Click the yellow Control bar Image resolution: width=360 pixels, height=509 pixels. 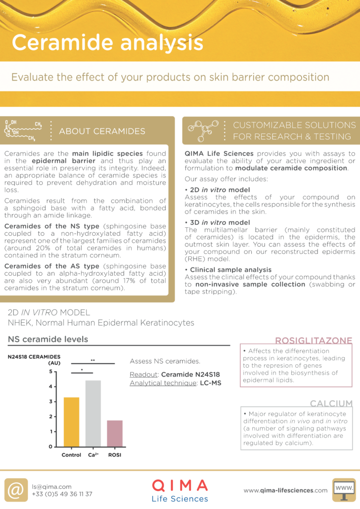coord(71,422)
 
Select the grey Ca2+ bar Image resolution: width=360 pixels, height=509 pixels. coord(93,413)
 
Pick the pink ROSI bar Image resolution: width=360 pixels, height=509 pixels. coord(115,433)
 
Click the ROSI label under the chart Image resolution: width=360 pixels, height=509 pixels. coord(115,455)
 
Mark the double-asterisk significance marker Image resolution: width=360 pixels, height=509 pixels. coord(92,361)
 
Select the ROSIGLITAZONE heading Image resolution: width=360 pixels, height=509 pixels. coord(314,340)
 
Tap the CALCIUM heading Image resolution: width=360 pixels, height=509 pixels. coord(331,404)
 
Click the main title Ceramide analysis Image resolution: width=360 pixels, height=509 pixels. coord(107,42)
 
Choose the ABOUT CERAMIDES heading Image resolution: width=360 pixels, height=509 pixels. coord(102,131)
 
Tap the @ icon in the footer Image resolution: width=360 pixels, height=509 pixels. coord(16,490)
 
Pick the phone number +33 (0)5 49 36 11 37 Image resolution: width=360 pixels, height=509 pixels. coord(62,494)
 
